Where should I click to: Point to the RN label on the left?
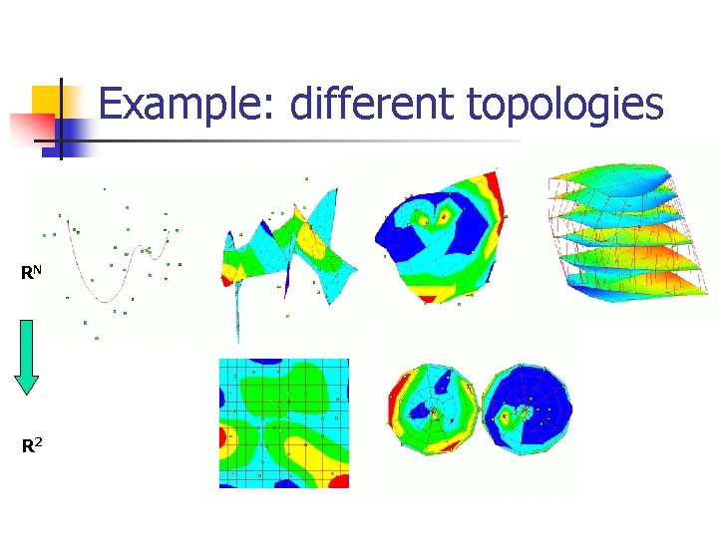[x=31, y=271]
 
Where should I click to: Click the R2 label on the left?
[x=32, y=445]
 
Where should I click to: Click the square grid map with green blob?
[x=284, y=423]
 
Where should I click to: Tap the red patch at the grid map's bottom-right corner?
[x=340, y=481]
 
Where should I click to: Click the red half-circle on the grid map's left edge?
[x=225, y=438]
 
